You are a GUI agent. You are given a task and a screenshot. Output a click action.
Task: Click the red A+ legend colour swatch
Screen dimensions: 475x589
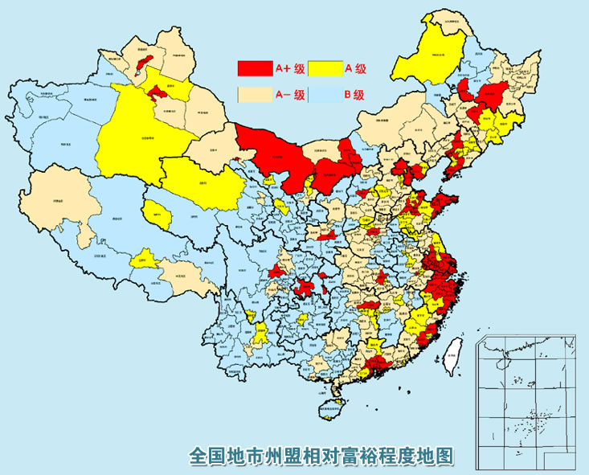pyautogui.click(x=256, y=68)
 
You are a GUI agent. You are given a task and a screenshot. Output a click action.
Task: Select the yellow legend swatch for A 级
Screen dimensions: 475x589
pyautogui.click(x=324, y=68)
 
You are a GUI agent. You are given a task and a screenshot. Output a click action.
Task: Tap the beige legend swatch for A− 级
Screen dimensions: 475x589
pyautogui.click(x=256, y=94)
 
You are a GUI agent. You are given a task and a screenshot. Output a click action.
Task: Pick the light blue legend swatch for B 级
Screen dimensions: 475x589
pyautogui.click(x=324, y=94)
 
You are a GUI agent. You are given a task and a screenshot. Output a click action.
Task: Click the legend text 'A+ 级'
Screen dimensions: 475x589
pyautogui.click(x=289, y=68)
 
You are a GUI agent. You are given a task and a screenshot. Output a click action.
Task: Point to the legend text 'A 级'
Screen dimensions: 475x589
pyautogui.click(x=354, y=68)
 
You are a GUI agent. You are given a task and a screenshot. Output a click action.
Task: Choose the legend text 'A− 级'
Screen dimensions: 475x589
pyautogui.click(x=290, y=94)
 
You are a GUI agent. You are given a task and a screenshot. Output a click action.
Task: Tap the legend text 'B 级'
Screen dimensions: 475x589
pyautogui.click(x=354, y=94)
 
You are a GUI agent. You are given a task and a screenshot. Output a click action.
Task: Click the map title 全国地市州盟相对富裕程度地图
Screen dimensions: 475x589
pyautogui.click(x=321, y=456)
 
